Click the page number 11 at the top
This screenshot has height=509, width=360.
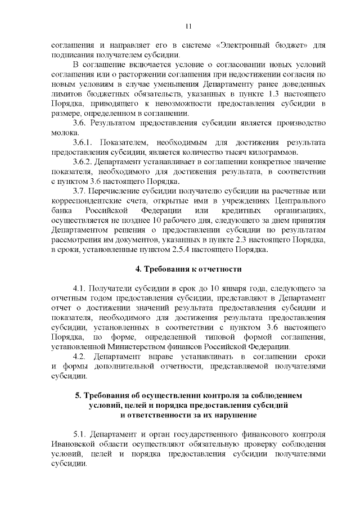pyautogui.click(x=188, y=25)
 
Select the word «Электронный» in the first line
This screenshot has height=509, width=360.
pyautogui.click(x=242, y=45)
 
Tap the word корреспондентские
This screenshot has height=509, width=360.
pyautogui.click(x=85, y=201)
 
